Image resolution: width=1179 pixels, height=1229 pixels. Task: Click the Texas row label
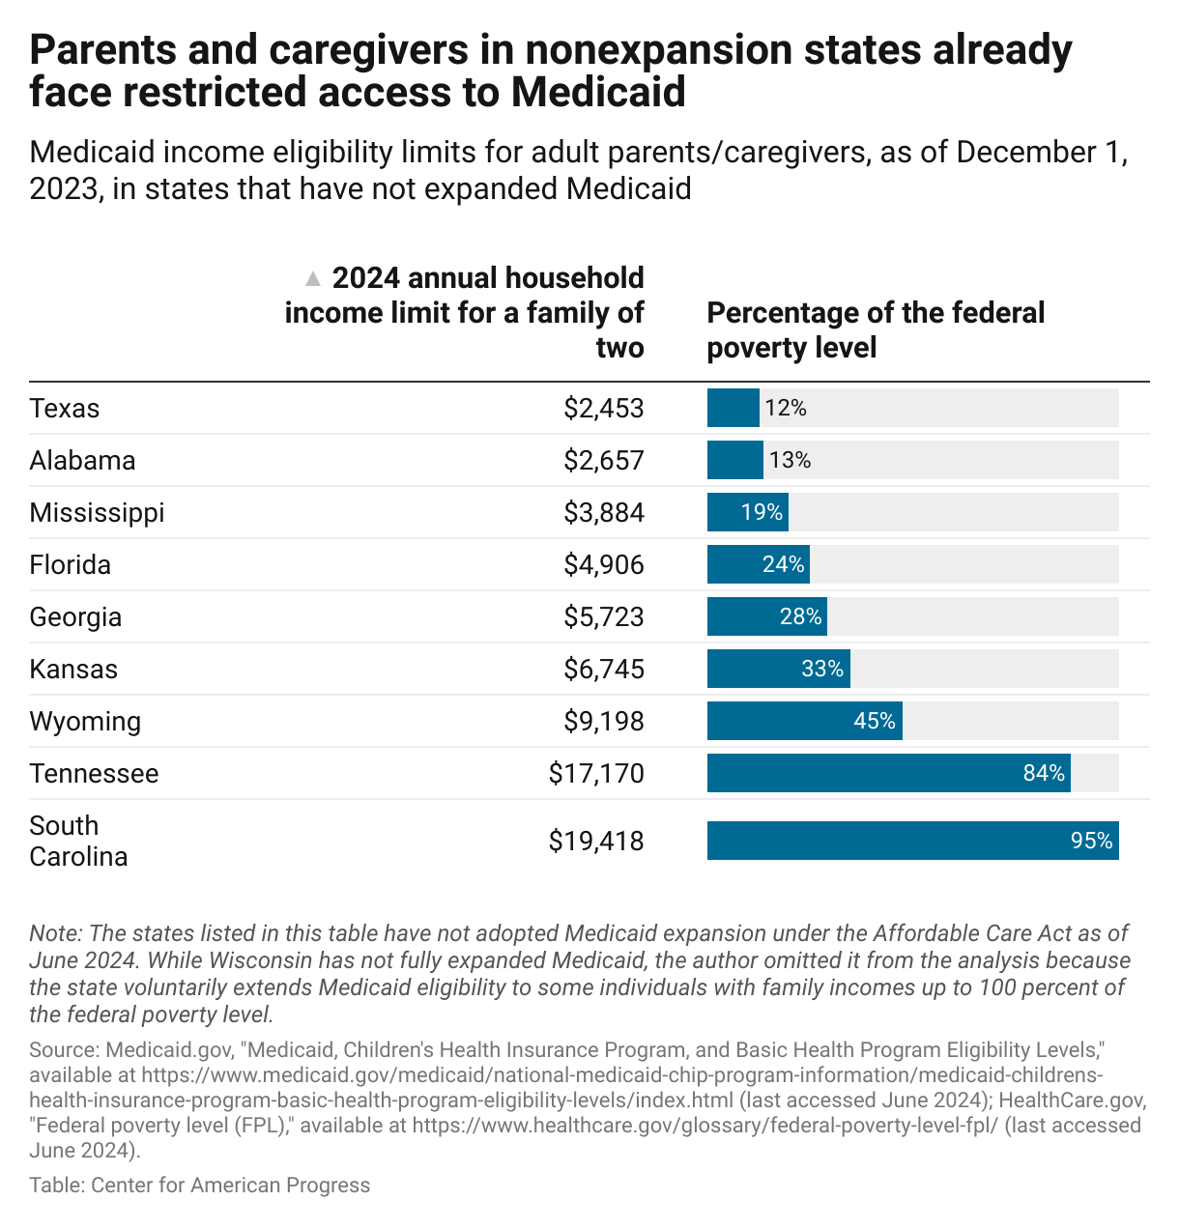[65, 409]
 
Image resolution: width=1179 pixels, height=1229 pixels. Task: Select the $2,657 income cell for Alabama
[604, 461]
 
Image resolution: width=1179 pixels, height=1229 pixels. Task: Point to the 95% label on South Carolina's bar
[1091, 842]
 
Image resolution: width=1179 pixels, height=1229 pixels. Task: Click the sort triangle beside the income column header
[312, 279]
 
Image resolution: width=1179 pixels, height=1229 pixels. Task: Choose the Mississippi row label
[97, 513]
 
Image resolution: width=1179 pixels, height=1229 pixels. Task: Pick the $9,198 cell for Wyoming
[604, 722]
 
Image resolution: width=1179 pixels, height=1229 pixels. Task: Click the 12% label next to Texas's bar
[785, 409]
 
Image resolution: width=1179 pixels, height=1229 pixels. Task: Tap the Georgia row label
[75, 617]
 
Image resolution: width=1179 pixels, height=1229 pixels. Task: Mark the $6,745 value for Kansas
[604, 670]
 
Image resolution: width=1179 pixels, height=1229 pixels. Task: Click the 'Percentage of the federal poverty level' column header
[875, 330]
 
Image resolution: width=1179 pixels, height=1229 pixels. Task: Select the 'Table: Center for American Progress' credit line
[199, 1186]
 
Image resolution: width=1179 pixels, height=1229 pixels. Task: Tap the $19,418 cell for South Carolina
[596, 842]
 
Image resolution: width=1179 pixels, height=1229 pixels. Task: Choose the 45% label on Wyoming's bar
[874, 722]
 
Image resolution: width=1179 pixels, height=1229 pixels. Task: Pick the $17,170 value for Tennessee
[596, 774]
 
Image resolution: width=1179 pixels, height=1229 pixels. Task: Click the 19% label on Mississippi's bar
[762, 513]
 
